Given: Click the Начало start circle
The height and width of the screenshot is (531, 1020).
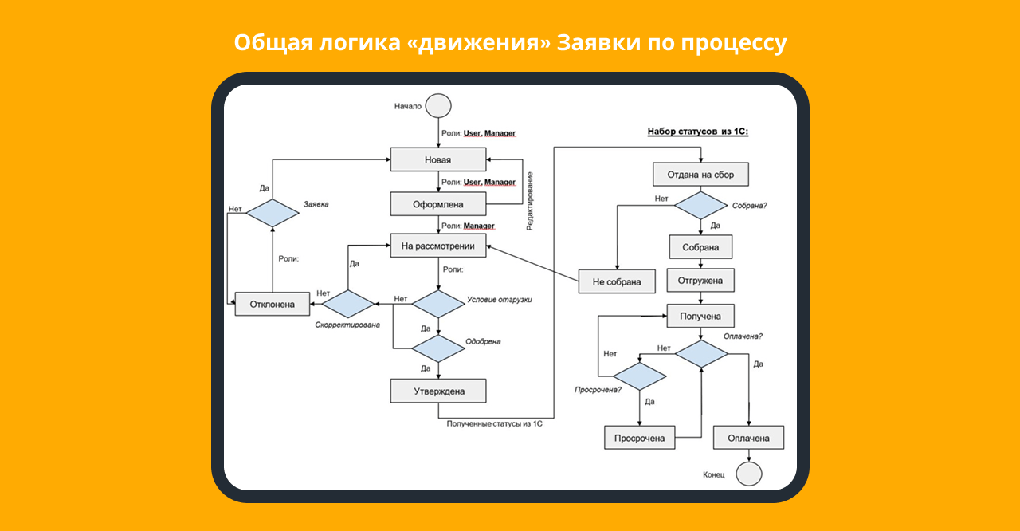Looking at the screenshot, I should click(438, 106).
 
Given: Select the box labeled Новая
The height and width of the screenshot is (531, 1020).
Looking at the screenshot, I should click(437, 159).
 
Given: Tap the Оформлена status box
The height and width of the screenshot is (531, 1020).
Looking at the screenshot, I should click(437, 203).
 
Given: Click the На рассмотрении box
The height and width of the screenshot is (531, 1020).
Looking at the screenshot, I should click(437, 246).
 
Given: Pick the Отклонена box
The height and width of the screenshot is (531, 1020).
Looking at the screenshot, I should click(272, 304).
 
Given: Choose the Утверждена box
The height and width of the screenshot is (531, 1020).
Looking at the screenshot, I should click(437, 391).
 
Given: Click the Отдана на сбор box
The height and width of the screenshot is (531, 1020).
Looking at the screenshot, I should click(700, 174).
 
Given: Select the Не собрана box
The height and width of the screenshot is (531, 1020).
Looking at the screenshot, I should click(618, 281).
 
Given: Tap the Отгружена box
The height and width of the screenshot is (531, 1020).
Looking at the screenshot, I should click(700, 281).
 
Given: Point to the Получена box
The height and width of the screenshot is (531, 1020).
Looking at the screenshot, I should click(700, 317).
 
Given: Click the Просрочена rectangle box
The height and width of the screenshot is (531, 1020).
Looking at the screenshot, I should click(639, 438).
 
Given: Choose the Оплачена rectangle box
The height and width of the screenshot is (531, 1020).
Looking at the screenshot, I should click(748, 438).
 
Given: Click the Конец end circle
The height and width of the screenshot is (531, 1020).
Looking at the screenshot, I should click(748, 474).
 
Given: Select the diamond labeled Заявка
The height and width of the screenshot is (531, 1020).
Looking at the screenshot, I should click(272, 213).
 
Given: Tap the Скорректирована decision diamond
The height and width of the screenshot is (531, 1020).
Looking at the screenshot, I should click(347, 304).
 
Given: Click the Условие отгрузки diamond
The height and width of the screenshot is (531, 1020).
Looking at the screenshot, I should click(437, 303).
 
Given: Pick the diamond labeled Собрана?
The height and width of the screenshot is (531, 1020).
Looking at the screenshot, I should click(700, 205).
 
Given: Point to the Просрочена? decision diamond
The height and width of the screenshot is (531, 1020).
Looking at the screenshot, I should click(639, 376).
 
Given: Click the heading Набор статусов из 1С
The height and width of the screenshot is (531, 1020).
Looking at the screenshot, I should click(697, 132).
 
